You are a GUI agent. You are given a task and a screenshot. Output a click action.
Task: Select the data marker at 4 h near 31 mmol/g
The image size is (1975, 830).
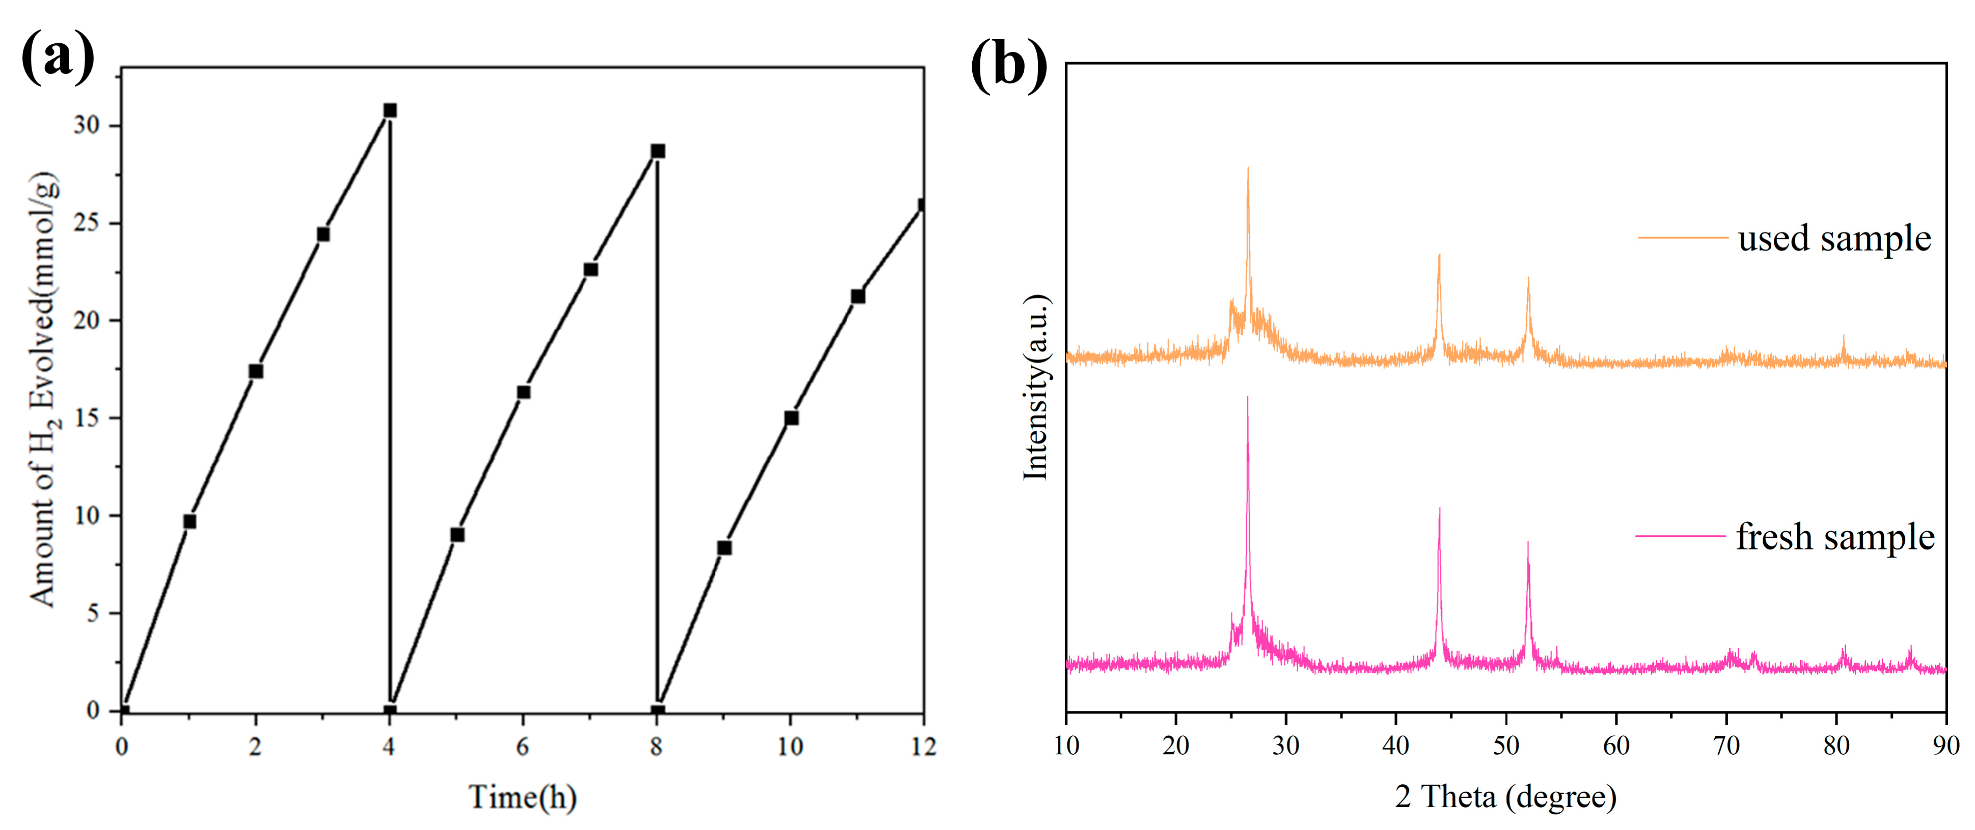point(390,110)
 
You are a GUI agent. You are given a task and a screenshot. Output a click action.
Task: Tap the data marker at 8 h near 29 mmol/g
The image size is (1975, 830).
point(657,151)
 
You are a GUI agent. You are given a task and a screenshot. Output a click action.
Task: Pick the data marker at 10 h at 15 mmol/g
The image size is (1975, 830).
point(791,418)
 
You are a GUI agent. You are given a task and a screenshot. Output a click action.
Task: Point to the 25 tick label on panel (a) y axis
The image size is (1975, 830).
point(87,223)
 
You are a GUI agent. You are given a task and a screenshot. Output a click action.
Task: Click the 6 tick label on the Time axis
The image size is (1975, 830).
point(523,745)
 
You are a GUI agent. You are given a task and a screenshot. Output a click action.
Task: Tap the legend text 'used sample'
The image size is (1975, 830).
point(1834,238)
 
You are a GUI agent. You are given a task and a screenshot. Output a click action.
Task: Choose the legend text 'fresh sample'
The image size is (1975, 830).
point(1835,537)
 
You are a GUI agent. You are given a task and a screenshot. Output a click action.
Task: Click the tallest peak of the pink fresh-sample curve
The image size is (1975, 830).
point(1247,399)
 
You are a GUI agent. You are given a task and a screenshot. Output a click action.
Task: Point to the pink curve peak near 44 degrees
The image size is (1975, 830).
point(1439,510)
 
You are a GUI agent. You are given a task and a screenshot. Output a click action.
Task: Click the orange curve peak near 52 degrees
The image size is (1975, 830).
point(1528,280)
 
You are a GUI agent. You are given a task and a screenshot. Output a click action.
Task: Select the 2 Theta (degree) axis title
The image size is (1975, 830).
point(1505,797)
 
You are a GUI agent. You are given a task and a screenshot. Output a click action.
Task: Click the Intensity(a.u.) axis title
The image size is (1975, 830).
point(1036,387)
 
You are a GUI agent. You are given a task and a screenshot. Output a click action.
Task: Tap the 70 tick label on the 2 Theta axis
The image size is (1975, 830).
point(1726,745)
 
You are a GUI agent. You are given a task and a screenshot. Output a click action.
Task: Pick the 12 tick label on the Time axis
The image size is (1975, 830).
point(923,745)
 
